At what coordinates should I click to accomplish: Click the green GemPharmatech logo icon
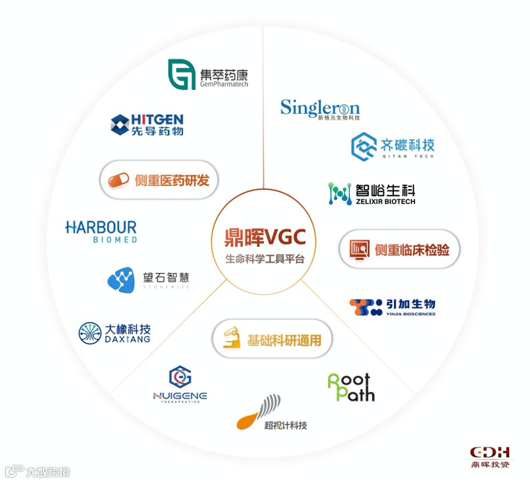[x=182, y=74]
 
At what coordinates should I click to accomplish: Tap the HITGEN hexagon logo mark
[x=120, y=124]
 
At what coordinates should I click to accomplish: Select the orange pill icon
[x=119, y=180]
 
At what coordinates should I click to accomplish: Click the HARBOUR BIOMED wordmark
[x=101, y=232]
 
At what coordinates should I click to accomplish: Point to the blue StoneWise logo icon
[x=121, y=280]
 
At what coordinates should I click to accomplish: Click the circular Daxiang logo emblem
[x=91, y=333]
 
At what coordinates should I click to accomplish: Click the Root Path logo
[x=351, y=387]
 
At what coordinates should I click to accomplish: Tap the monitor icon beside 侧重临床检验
[x=359, y=249]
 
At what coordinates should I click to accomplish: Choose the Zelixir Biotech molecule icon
[x=340, y=193]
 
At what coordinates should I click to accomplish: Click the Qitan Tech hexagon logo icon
[x=364, y=147]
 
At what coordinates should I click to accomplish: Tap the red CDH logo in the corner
[x=490, y=453]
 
